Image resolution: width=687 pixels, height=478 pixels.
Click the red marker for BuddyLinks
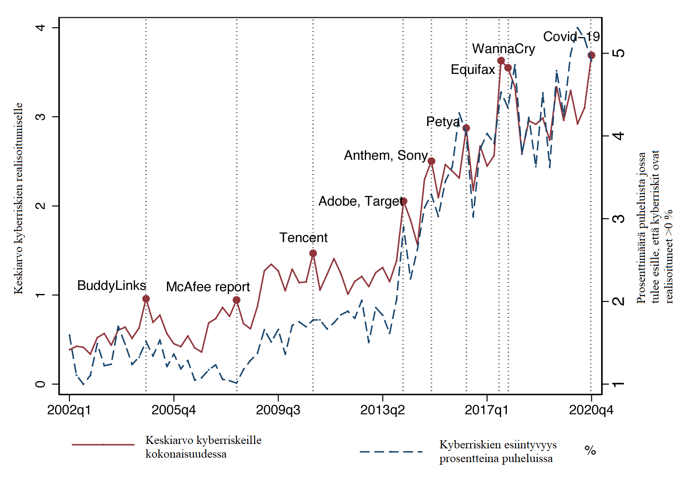(x=146, y=299)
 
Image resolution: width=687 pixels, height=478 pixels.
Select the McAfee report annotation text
(x=208, y=287)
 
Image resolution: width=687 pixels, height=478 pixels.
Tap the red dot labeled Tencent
(x=313, y=253)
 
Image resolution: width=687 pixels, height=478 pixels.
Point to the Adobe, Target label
(x=361, y=201)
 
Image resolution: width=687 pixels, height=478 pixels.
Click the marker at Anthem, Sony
(x=432, y=161)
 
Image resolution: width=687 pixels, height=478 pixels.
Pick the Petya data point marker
(x=466, y=128)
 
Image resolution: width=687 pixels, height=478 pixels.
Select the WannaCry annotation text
(x=503, y=49)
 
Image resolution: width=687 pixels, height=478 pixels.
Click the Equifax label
(x=472, y=69)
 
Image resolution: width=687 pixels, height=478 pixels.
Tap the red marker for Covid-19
(x=591, y=55)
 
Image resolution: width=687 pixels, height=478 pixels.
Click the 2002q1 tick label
(x=69, y=410)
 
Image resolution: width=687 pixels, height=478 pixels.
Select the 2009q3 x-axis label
(x=278, y=410)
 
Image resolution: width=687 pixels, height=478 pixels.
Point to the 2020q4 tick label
(x=591, y=410)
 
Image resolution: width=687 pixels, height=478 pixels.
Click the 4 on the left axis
(x=41, y=27)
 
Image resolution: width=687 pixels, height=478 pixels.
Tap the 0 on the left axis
(x=41, y=384)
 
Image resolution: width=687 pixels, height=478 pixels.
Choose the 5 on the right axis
(x=620, y=53)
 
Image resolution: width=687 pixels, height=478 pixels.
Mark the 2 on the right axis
(x=620, y=301)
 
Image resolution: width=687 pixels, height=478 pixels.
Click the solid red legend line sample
(x=103, y=444)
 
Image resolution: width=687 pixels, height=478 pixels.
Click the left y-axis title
(x=18, y=198)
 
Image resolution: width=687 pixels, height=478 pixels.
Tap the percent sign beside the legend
(x=590, y=451)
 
